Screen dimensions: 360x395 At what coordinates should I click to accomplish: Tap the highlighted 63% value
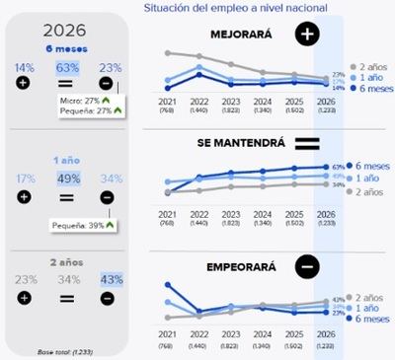coord(68,68)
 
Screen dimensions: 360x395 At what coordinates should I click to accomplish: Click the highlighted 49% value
coord(68,179)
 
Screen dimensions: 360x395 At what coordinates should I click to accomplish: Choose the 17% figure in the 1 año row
coord(23,179)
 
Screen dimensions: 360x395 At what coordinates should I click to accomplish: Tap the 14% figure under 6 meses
coord(23,68)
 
